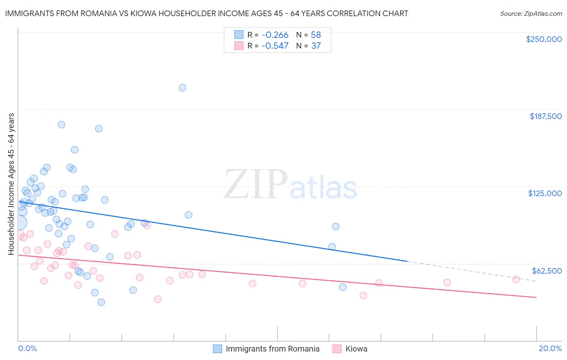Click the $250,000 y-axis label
click(544, 39)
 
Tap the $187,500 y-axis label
click(545, 116)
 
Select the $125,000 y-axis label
click(545, 193)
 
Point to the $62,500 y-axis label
click(546, 271)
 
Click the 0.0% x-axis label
click(27, 348)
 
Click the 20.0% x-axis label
click(550, 348)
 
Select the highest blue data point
click(182, 88)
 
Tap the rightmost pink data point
click(516, 279)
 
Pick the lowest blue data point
click(101, 302)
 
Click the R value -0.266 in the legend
click(275, 35)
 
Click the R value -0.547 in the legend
click(275, 46)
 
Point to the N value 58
click(316, 35)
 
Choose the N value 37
click(316, 46)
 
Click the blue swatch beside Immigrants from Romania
click(217, 349)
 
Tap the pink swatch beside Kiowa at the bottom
click(337, 349)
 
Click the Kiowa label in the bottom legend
click(356, 349)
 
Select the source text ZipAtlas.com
click(531, 14)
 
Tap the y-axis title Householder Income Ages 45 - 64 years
click(11, 184)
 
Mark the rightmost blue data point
click(342, 287)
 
